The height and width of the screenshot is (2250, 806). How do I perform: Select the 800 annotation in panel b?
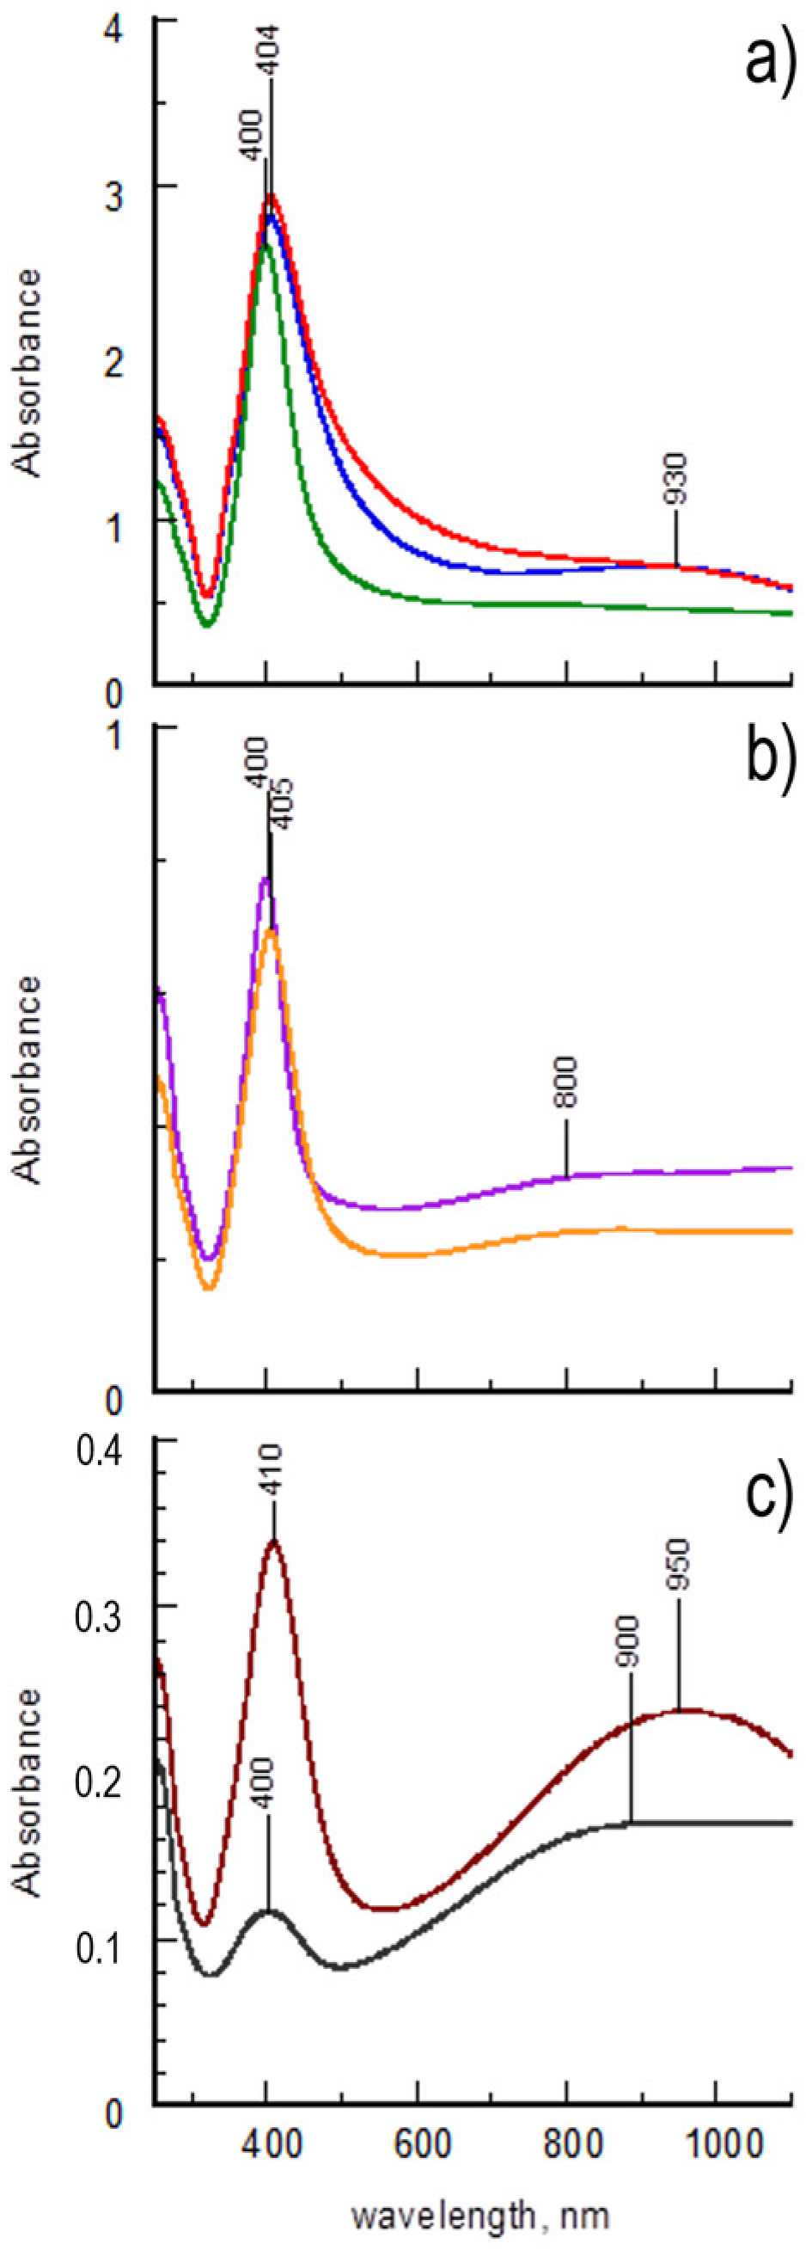(567, 1082)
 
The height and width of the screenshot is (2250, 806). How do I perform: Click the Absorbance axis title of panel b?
(28, 1081)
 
